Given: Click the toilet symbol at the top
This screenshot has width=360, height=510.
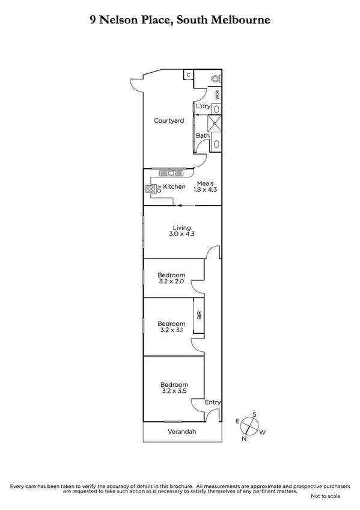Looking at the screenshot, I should point(216,79).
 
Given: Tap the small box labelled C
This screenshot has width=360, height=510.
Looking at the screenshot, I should point(188,75).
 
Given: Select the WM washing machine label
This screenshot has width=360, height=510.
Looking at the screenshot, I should point(218,95).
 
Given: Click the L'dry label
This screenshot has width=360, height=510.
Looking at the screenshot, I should point(203,106).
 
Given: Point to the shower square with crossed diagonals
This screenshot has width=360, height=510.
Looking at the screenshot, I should point(215,123).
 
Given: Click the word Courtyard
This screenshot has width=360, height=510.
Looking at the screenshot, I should point(168,121).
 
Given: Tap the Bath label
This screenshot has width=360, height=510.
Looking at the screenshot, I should point(203,135).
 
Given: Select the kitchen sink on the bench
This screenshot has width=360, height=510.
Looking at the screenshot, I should point(171,174).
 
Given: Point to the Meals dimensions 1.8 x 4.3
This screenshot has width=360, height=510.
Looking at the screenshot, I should point(204,189).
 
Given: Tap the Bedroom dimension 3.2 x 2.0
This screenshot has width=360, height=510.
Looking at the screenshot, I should point(171,281).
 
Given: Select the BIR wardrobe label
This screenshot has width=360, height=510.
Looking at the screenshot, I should point(198,314).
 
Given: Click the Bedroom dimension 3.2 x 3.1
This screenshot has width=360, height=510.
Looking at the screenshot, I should point(171,330).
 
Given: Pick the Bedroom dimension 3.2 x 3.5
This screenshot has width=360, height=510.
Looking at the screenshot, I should point(174,391).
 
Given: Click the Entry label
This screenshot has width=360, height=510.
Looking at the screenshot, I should point(213,402).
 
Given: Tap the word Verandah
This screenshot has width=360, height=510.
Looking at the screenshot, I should point(182,432).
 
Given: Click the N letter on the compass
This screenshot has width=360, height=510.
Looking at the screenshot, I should point(244,438).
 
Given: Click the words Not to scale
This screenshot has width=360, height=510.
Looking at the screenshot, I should point(325,496).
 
